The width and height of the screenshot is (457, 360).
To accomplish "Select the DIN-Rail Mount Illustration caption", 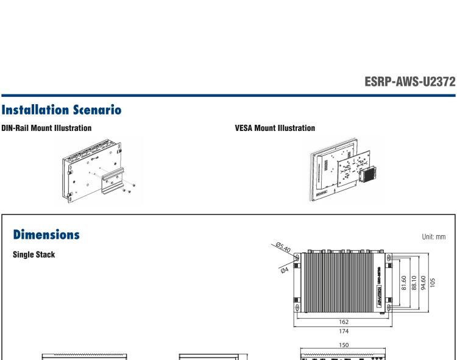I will click(x=46, y=129).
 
